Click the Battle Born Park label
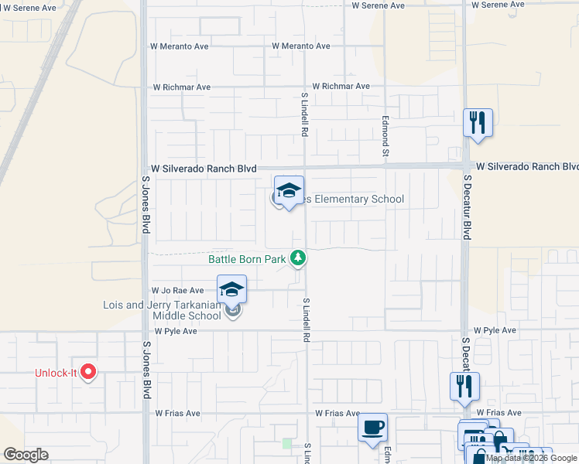[247, 259]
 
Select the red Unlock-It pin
[87, 372]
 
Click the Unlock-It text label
[56, 373]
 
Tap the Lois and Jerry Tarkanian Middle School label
[162, 310]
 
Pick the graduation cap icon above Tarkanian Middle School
[231, 290]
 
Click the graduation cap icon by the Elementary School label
[289, 191]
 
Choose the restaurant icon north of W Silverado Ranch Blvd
[478, 123]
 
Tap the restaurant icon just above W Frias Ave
[464, 387]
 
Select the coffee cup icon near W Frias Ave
[372, 428]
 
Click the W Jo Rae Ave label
[177, 290]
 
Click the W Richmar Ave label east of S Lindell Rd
[341, 87]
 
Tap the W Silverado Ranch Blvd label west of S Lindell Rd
[204, 168]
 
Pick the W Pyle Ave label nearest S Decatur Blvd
[495, 330]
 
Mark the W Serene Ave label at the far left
[29, 8]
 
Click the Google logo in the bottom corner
[26, 455]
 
